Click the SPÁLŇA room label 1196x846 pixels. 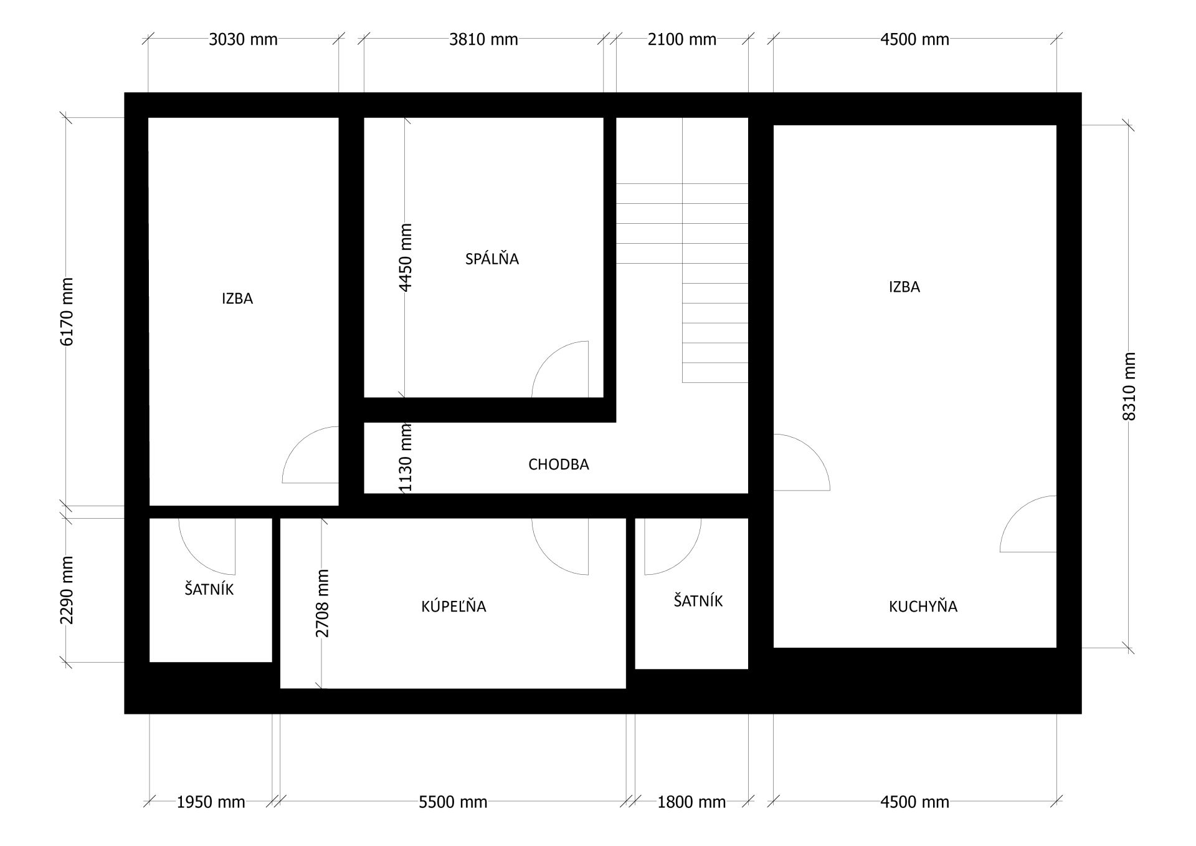tap(491, 258)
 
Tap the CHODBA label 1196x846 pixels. tap(558, 464)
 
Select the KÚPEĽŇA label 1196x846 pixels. tap(453, 605)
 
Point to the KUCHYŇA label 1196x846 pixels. tap(923, 605)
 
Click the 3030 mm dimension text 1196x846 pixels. tap(243, 40)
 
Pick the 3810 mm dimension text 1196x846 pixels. tap(483, 40)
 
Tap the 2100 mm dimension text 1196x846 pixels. tap(682, 40)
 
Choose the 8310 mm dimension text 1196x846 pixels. tap(1129, 387)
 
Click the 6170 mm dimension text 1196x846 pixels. tap(67, 312)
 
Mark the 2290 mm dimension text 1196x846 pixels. tap(67, 590)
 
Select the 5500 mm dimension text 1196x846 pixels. tap(453, 802)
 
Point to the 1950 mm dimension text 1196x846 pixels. tap(211, 802)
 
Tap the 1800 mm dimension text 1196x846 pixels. tap(691, 802)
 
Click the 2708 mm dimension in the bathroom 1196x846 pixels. tap(322, 603)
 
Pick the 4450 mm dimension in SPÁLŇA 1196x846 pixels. tap(405, 257)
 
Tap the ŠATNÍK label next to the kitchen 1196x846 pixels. tap(698, 600)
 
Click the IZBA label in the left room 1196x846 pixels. tap(237, 299)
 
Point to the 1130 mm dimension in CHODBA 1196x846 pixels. tap(406, 458)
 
